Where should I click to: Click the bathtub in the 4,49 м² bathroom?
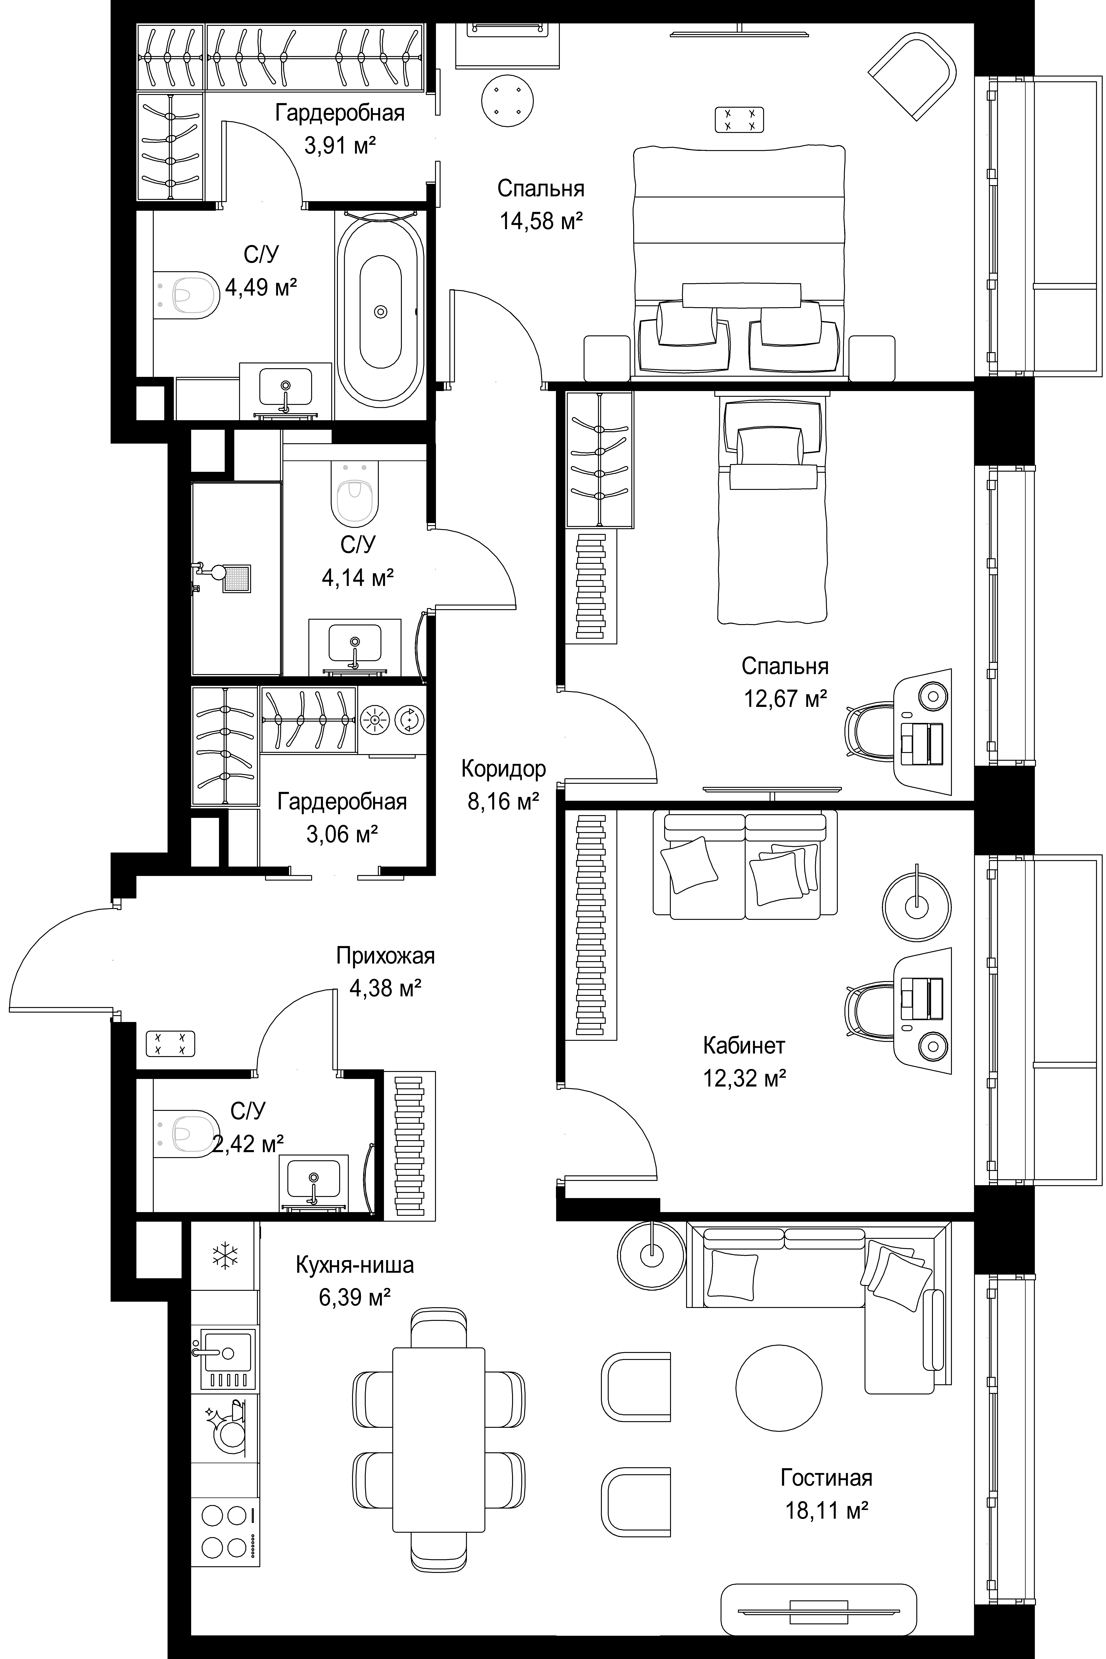[381, 310]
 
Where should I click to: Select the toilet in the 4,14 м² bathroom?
[355, 494]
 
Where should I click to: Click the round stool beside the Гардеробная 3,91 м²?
[507, 101]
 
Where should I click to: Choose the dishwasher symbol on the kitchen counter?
[226, 1423]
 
